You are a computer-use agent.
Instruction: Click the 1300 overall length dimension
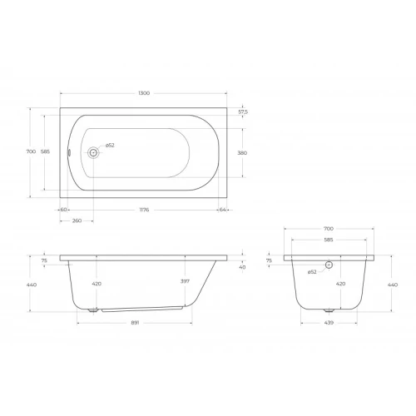tap(144, 93)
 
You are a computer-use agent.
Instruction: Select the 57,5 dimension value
tap(243, 112)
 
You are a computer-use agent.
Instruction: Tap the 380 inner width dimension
tap(242, 153)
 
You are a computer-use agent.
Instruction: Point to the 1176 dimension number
tap(144, 210)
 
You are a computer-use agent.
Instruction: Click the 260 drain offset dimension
tap(77, 220)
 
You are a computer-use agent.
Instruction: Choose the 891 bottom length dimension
tap(135, 323)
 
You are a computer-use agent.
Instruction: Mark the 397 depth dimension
tap(185, 281)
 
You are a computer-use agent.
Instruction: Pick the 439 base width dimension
tap(329, 323)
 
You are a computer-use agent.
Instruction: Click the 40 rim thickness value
tap(242, 267)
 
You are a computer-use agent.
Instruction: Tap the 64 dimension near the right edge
tap(222, 210)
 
